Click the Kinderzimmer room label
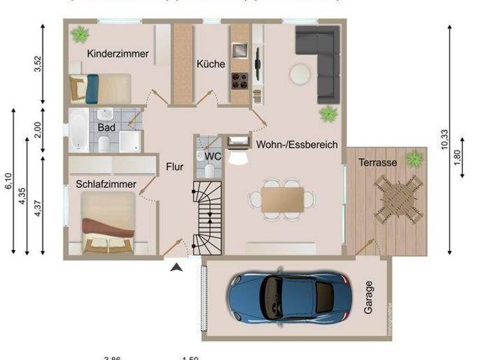point(118,54)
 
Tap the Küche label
point(211,64)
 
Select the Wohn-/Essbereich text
point(297,145)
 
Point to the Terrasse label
point(378,163)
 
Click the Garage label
point(368,297)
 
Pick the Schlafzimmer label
point(105,184)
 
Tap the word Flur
point(174,167)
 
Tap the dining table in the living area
point(282,199)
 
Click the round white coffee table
point(300,75)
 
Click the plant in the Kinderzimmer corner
point(80,32)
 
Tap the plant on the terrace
point(414,157)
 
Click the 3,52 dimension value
point(38,64)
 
